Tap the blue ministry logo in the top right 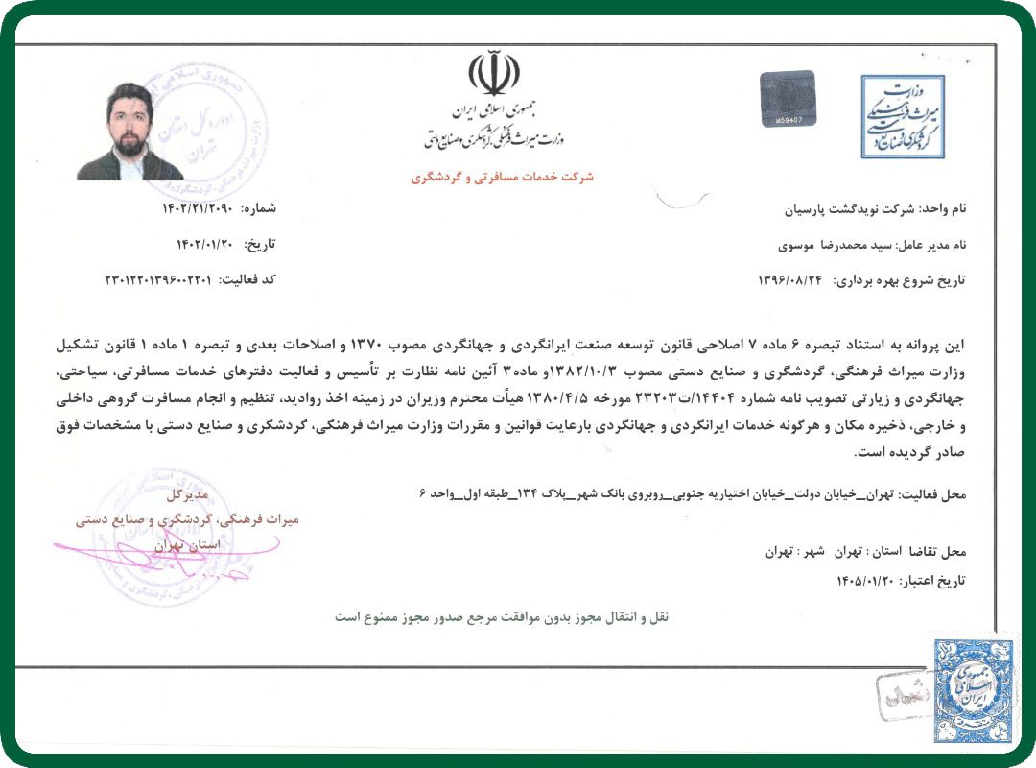click(902, 116)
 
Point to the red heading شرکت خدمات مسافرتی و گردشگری click(503, 178)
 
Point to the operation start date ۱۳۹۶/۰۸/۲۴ click(793, 280)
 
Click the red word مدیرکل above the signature click(187, 496)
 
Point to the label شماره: click(258, 208)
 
